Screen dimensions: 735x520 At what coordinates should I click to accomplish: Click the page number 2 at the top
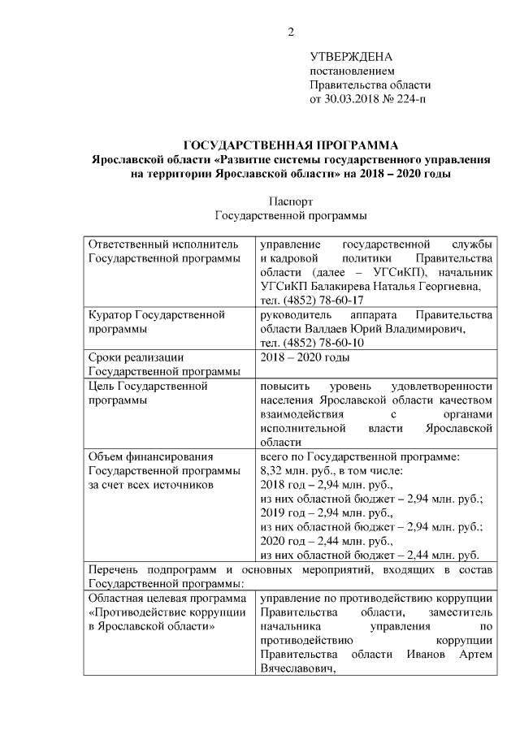coord(289,32)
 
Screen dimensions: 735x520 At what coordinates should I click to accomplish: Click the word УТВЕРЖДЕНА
coord(351,57)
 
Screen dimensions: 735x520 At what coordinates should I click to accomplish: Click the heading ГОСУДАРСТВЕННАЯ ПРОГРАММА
coord(291,145)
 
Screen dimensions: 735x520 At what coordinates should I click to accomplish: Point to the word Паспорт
coord(290,201)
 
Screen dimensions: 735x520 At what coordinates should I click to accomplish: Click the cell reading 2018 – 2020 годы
coord(305,357)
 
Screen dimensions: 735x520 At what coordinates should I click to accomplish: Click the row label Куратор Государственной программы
coord(155,322)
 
